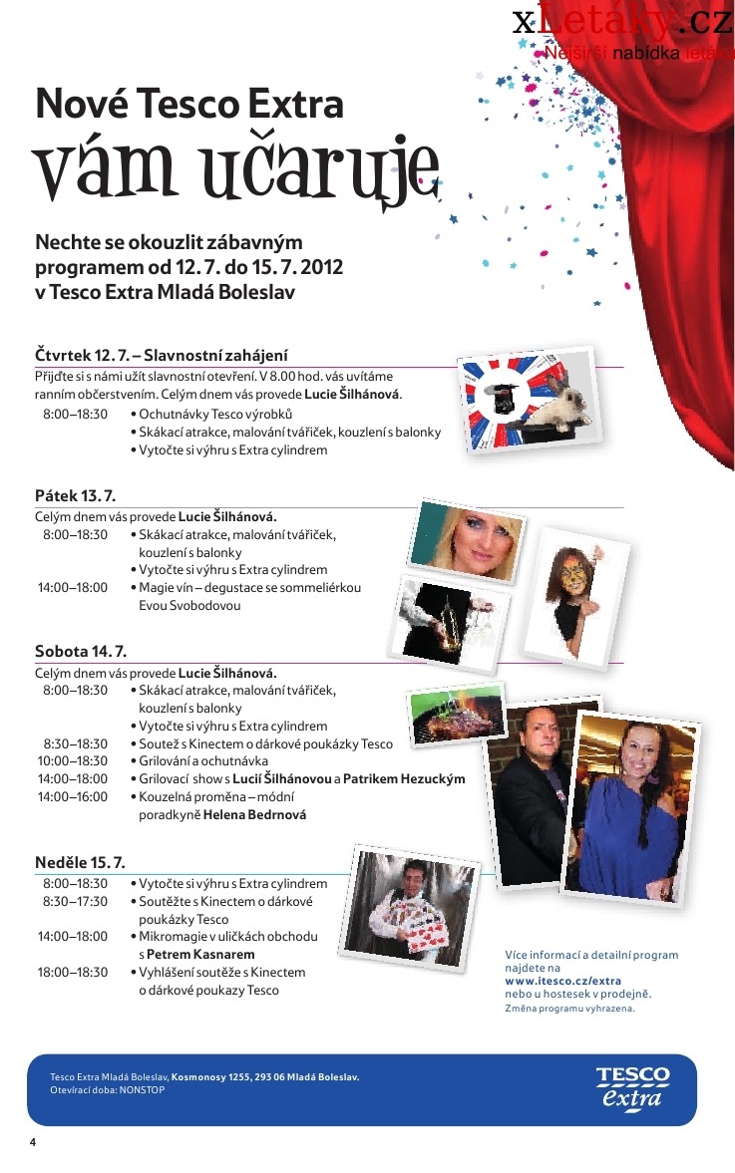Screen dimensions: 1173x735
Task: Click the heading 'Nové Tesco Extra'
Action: [189, 104]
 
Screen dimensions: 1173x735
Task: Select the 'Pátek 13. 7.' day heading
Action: [76, 495]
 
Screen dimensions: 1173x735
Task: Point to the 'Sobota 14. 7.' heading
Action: [81, 652]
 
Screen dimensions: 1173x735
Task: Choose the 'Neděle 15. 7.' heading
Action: [80, 862]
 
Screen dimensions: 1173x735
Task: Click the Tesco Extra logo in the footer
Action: [633, 1088]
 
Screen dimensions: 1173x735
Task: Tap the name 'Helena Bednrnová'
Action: [254, 814]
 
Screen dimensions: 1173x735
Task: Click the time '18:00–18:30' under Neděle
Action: [73, 972]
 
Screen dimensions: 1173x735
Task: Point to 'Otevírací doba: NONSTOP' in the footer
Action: [107, 1090]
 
